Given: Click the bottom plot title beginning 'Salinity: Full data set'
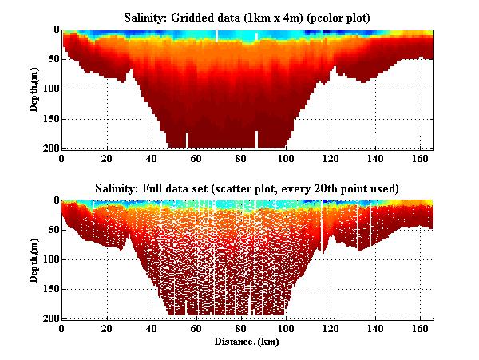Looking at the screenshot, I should [247, 188].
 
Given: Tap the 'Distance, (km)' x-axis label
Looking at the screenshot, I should [247, 341].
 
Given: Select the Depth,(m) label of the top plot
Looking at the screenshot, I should [34, 89].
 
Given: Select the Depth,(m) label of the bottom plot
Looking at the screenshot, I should [34, 259].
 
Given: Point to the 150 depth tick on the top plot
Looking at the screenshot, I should [49, 119].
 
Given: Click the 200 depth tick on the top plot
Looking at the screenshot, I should [49, 148].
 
